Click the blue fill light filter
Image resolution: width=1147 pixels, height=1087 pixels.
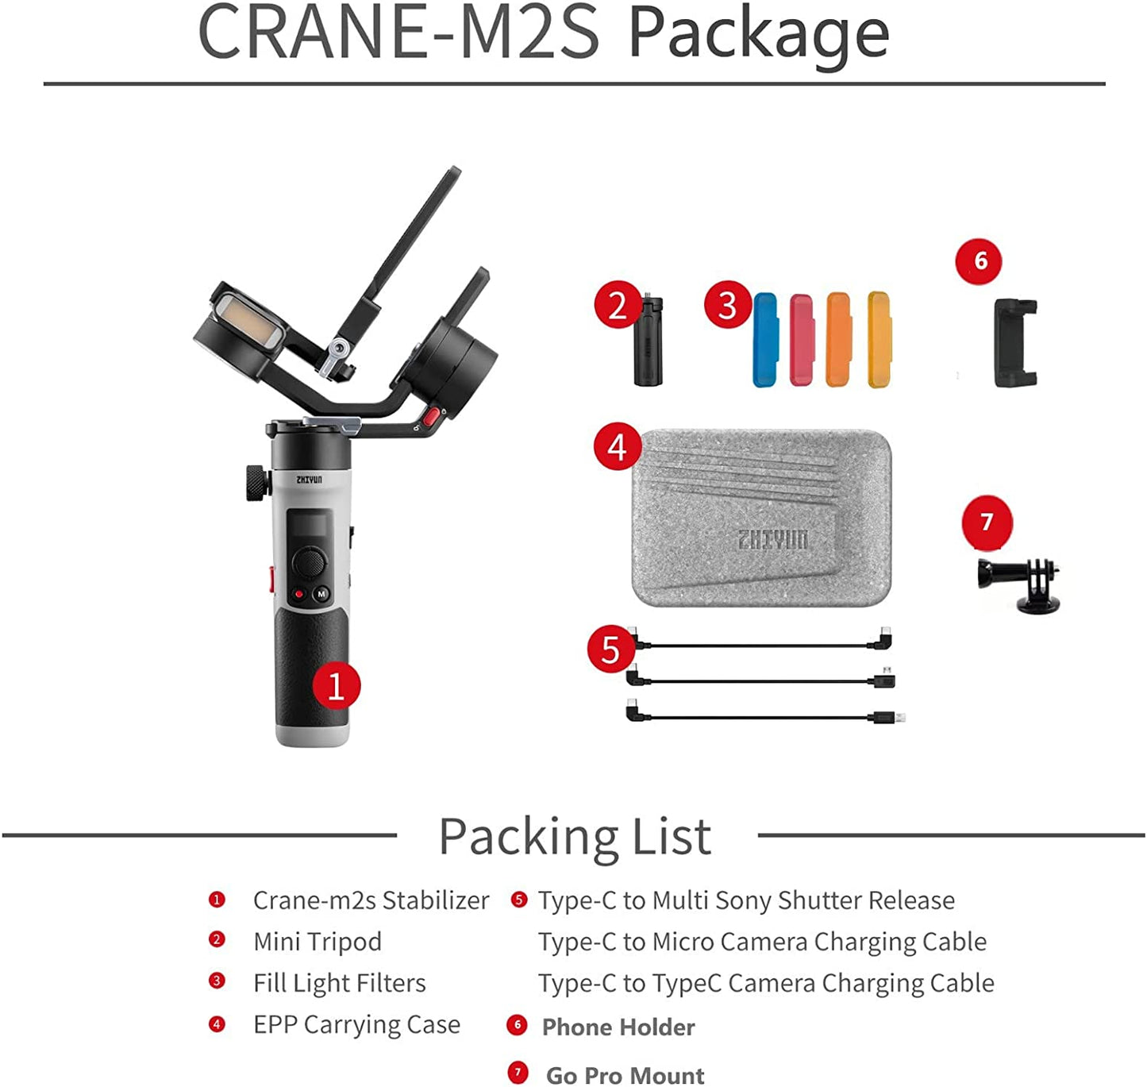click(x=765, y=340)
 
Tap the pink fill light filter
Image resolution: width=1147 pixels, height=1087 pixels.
click(x=802, y=340)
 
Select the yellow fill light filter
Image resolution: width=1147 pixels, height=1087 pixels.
click(x=879, y=340)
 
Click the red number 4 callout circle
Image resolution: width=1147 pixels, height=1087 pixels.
click(x=618, y=447)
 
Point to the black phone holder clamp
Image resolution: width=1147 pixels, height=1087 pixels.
click(x=1015, y=343)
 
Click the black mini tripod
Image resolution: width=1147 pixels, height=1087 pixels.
click(x=649, y=341)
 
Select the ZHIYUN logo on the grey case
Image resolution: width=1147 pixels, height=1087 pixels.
click(x=772, y=540)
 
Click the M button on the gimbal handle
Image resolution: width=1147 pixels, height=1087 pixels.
click(x=321, y=593)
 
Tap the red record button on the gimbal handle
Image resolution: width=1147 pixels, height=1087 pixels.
click(x=298, y=593)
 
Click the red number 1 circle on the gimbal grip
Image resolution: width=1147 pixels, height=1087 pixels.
click(x=336, y=686)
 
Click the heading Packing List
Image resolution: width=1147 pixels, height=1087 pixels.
click(x=575, y=836)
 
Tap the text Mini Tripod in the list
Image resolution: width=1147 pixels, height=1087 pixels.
click(x=317, y=942)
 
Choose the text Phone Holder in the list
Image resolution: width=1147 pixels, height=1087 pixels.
click(x=618, y=1027)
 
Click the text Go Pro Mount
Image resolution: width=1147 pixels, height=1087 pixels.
click(x=625, y=1075)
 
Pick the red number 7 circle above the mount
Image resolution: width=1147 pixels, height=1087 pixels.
click(x=987, y=522)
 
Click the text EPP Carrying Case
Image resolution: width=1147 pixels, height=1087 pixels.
click(x=356, y=1024)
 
